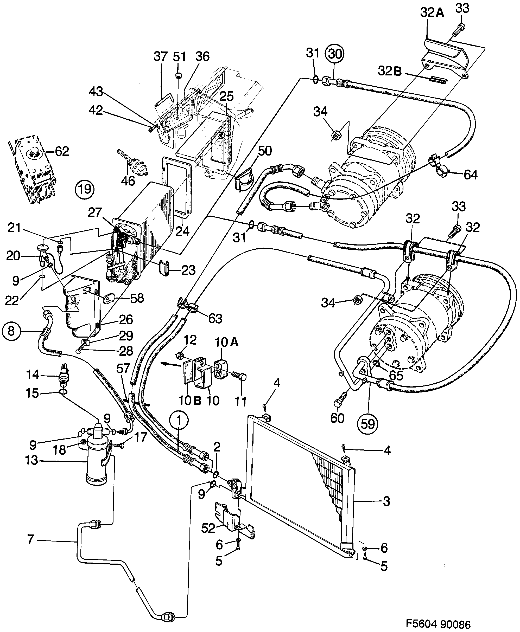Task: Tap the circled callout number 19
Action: (x=85, y=189)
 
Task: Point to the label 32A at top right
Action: (x=432, y=12)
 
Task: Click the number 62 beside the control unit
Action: (x=62, y=151)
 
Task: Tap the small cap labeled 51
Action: (x=179, y=75)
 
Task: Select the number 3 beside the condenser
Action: (x=386, y=501)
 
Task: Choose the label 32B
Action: (x=390, y=71)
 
